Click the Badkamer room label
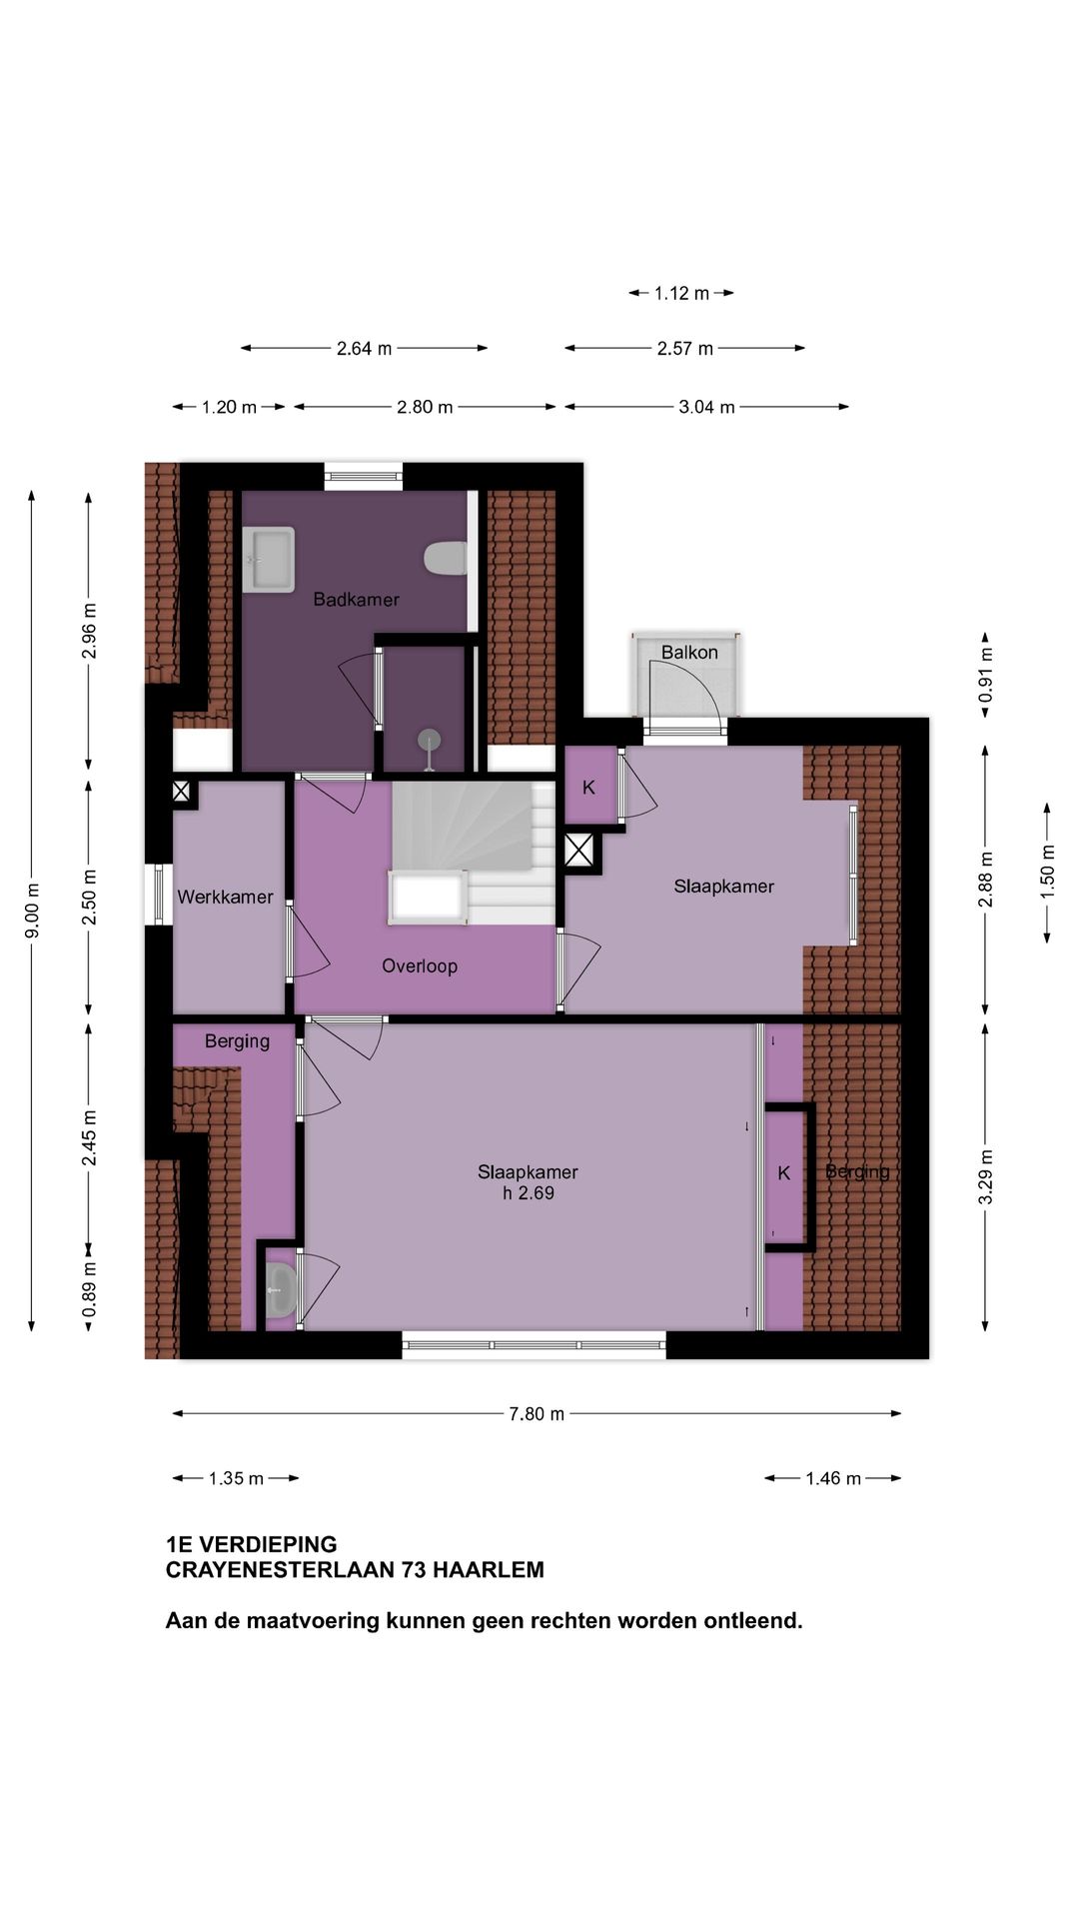pos(356,600)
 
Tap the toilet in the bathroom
pos(446,559)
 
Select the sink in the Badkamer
pos(269,560)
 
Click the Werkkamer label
pos(225,897)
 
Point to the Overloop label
pos(420,966)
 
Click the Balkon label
pos(689,653)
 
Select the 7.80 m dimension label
pos(537,1414)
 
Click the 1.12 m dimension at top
pos(681,294)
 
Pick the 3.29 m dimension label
pos(985,1177)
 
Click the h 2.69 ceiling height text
pos(529,1193)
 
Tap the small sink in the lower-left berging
pos(281,1289)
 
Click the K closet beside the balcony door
pos(588,788)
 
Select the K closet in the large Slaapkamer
pos(784,1173)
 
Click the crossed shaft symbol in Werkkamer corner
pos(181,793)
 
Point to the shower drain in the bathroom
pos(430,741)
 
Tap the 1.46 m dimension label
pos(833,1479)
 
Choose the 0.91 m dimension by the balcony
pos(985,675)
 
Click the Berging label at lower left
pos(237,1041)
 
